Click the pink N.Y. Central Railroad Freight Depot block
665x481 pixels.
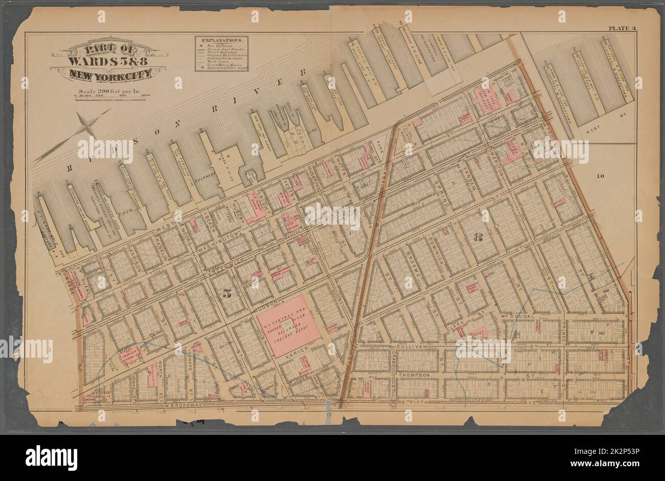point(289,325)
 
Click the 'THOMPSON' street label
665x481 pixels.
point(412,375)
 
